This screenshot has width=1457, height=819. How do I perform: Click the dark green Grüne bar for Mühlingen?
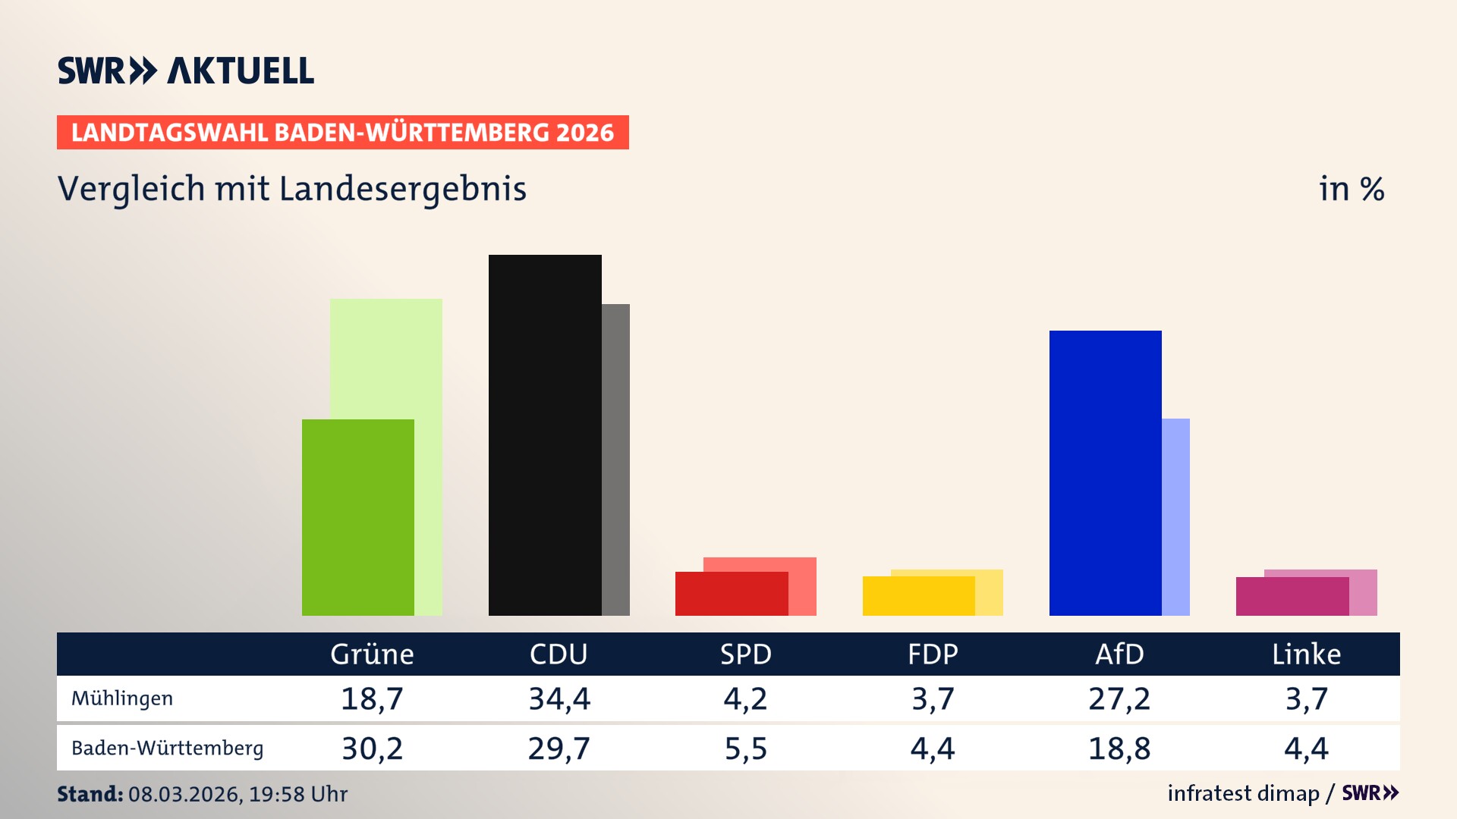[357, 517]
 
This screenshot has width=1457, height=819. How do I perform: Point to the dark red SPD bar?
[731, 594]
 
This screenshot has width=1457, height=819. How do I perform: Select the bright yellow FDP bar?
[918, 596]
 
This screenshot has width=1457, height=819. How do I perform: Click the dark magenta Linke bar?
[1292, 596]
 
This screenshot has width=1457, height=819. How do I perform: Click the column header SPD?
[745, 654]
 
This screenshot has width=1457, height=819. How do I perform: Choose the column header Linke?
[1306, 654]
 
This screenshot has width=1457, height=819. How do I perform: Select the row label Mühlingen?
[122, 698]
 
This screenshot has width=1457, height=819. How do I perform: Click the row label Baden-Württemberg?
[167, 748]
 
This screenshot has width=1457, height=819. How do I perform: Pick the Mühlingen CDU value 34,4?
[559, 698]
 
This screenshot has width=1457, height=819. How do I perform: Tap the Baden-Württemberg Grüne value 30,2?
[372, 748]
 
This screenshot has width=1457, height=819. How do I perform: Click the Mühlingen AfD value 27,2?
[1119, 698]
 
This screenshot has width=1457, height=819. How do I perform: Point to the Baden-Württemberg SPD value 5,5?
[745, 748]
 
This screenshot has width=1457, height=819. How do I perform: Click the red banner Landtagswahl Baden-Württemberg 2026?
[342, 133]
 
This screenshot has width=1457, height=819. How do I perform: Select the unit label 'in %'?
[1351, 189]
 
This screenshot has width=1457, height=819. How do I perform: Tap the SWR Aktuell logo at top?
[186, 71]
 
